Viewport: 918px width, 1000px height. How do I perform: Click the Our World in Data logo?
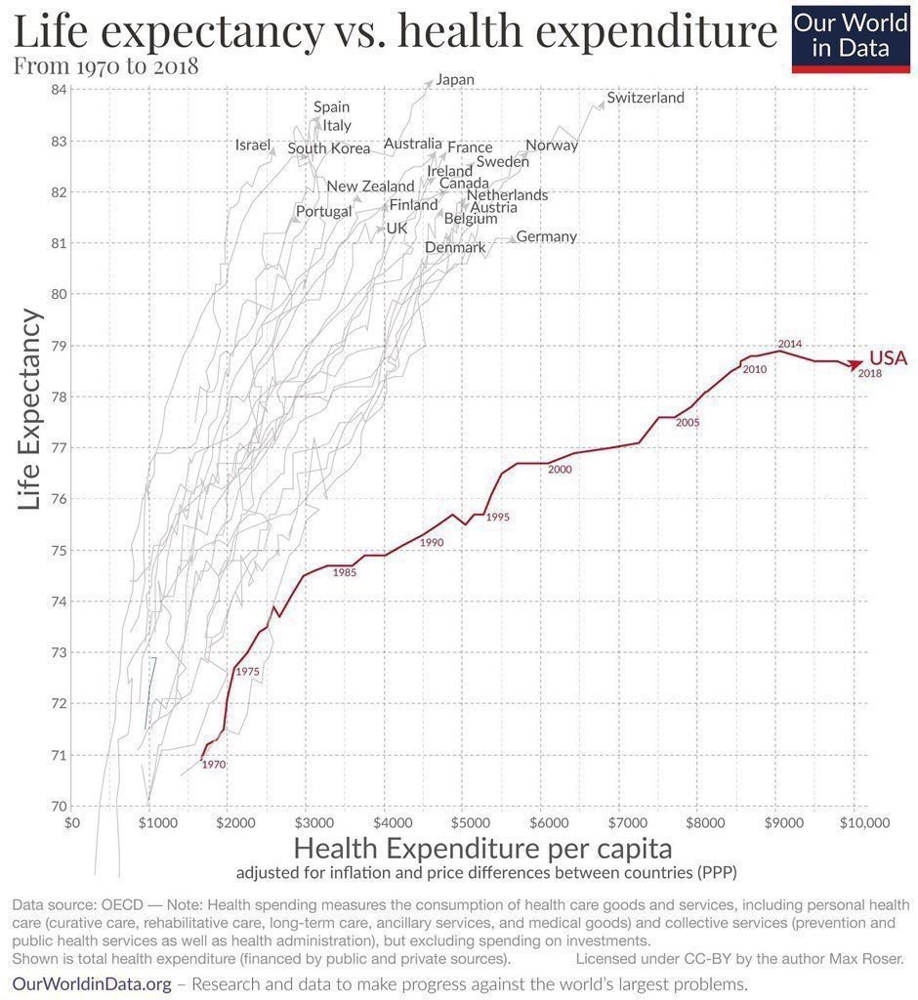(x=851, y=36)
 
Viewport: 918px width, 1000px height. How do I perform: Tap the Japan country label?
(x=455, y=79)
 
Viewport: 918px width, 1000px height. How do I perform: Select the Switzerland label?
(x=646, y=98)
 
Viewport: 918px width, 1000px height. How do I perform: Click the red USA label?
(x=888, y=358)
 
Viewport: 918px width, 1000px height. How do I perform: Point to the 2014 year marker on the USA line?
(x=790, y=344)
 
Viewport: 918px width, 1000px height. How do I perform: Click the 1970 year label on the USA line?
(x=213, y=765)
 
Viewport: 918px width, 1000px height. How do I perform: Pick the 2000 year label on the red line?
(x=560, y=470)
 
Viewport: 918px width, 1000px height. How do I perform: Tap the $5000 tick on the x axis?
(x=465, y=823)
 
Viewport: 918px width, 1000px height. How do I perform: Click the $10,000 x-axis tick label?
(x=855, y=823)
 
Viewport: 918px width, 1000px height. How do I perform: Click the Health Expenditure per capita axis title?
(x=482, y=846)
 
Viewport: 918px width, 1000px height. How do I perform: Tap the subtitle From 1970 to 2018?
(x=105, y=66)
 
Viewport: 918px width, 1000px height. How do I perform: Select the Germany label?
(x=546, y=236)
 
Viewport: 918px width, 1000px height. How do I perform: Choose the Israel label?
(x=253, y=146)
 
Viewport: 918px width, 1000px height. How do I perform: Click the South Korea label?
(x=329, y=148)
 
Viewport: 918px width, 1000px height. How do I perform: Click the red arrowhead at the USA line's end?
(x=855, y=364)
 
